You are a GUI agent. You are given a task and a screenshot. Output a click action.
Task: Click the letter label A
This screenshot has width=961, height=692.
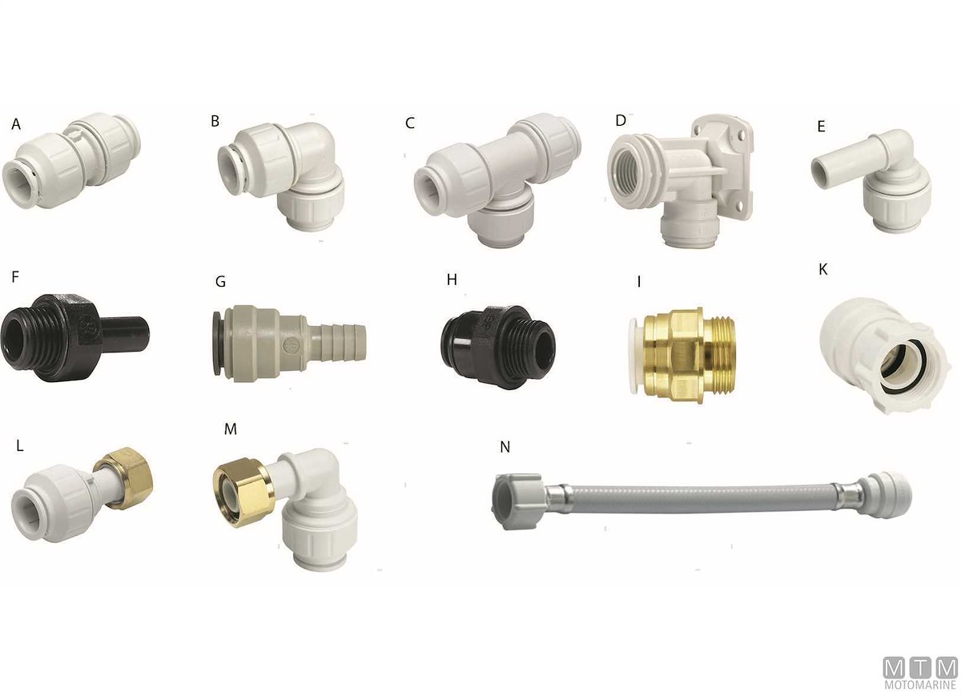(x=16, y=124)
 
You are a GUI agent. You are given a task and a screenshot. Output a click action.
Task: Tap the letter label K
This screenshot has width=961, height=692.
(x=823, y=269)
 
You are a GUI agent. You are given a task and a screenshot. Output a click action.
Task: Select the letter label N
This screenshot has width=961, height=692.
(x=505, y=447)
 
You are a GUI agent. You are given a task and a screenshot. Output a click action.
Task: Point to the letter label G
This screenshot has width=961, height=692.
(x=220, y=281)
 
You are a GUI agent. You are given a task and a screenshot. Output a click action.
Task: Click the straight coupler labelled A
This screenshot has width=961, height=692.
(x=70, y=160)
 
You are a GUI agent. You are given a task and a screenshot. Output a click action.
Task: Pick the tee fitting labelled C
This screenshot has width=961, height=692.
(x=497, y=180)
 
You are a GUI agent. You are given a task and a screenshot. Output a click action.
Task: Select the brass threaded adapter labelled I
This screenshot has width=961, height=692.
(x=682, y=356)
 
